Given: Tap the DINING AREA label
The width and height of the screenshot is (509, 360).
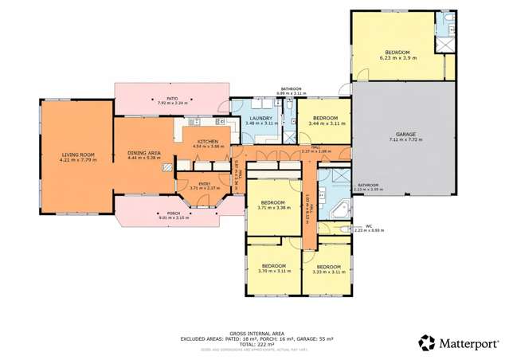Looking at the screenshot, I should pos(144,152).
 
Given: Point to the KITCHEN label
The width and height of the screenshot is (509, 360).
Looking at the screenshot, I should pos(208,141).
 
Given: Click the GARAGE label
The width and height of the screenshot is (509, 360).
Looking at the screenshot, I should pos(405,134).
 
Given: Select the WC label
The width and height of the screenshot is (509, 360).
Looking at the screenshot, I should pos(369,226).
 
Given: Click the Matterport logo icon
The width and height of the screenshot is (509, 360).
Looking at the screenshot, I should pos(427,342).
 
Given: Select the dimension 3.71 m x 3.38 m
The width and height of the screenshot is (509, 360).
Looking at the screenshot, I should pos(272,209).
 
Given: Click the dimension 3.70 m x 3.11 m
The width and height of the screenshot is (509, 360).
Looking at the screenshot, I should pos(273,271).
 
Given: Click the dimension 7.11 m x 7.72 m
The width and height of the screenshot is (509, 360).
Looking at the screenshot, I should pos(405,139).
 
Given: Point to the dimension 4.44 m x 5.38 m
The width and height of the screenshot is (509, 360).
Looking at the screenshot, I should pos(144,157).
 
